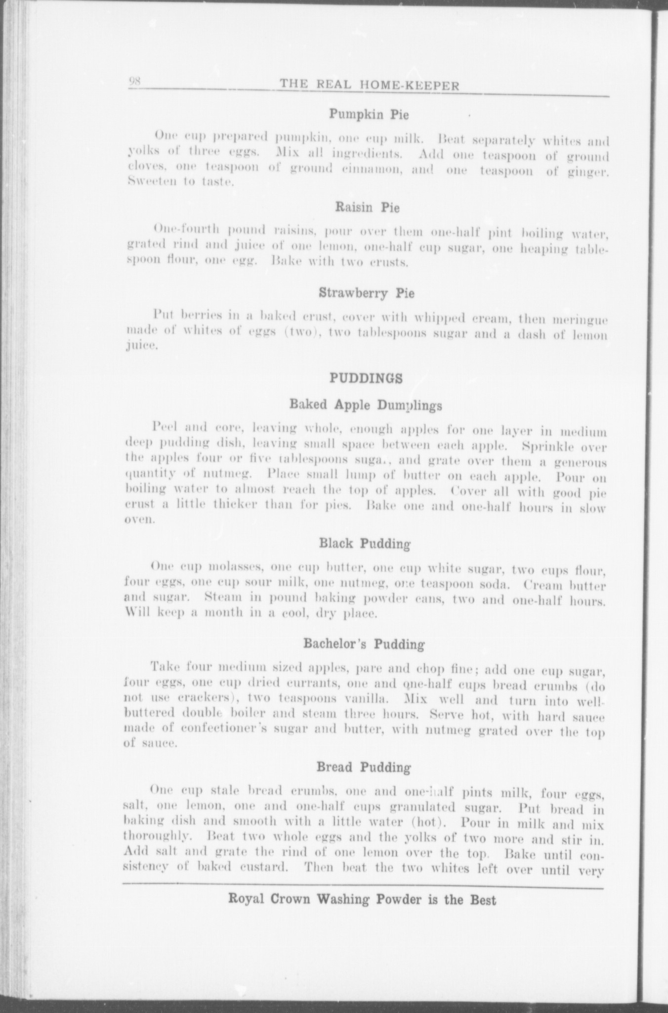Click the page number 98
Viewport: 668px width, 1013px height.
click(x=135, y=82)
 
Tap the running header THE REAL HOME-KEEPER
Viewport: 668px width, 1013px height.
click(x=370, y=86)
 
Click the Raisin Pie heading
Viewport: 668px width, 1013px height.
click(x=367, y=208)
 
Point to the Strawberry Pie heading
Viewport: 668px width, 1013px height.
click(x=367, y=293)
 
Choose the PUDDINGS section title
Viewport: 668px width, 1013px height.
click(x=366, y=378)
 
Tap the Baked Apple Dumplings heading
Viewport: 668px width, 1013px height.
click(x=366, y=405)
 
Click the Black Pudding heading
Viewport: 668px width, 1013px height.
click(x=365, y=544)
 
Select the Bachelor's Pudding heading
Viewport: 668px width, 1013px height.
click(x=364, y=645)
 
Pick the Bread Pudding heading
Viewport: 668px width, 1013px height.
click(x=364, y=768)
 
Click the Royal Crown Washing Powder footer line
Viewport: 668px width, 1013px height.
click(x=362, y=900)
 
